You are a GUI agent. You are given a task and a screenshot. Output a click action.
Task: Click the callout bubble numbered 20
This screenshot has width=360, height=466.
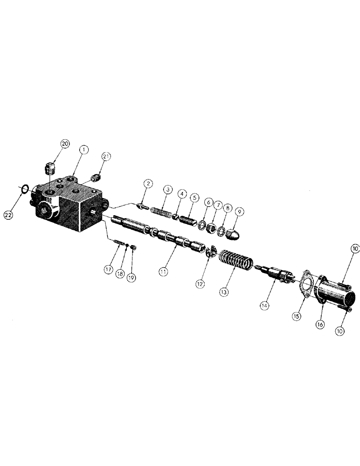[x=65, y=144]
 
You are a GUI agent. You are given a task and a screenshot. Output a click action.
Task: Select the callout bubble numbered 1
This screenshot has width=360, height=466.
[x=83, y=150]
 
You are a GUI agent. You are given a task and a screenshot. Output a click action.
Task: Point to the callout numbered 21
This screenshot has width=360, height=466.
[x=106, y=156]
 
